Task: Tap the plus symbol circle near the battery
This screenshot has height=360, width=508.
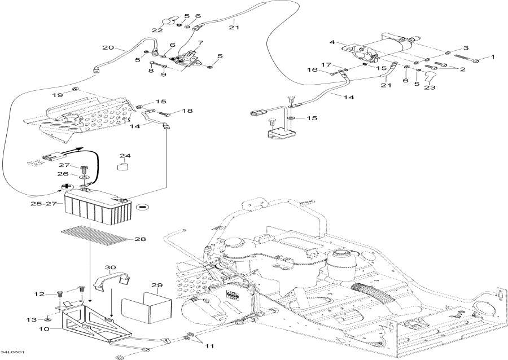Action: [x=67, y=186]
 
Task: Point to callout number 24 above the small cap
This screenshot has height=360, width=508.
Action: [x=125, y=156]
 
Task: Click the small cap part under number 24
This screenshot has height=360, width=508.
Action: [x=122, y=166]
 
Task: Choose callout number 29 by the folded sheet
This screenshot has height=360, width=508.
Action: [x=157, y=285]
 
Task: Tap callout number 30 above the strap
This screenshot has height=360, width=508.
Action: [x=110, y=267]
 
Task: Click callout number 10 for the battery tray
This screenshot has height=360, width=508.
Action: [x=45, y=329]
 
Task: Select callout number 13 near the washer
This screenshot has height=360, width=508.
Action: [x=32, y=320]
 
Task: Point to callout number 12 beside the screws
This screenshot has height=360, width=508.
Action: [x=40, y=294]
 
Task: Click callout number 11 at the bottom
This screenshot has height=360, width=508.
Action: [x=209, y=346]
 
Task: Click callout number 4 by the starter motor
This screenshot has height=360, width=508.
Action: [x=332, y=42]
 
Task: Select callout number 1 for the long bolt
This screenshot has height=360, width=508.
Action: [x=493, y=58]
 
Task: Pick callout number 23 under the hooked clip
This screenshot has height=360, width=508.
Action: [x=430, y=87]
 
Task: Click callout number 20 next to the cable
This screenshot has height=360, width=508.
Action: [x=108, y=47]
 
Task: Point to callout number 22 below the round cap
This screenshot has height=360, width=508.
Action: [x=157, y=30]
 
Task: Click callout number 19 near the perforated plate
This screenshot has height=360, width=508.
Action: [x=58, y=95]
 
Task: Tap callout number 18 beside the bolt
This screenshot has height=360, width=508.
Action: [x=187, y=111]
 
